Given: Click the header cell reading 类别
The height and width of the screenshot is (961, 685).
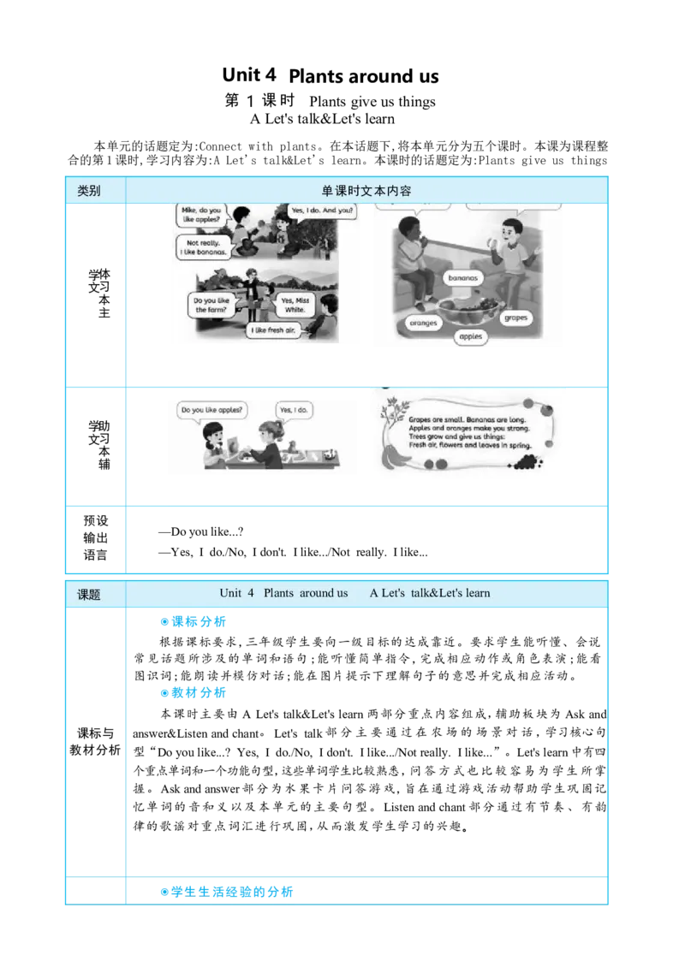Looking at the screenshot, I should pyautogui.click(x=89, y=191).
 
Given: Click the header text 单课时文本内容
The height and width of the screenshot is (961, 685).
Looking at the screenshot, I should pyautogui.click(x=366, y=191).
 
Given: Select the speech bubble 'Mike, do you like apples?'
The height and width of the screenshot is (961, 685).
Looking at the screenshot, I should pyautogui.click(x=203, y=215).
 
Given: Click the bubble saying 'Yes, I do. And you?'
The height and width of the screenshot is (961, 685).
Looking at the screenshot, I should pyautogui.click(x=319, y=211).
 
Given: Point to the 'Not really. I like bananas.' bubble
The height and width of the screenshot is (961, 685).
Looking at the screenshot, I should pyautogui.click(x=201, y=247).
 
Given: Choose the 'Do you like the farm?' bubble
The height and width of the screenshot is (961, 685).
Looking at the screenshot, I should pyautogui.click(x=211, y=306).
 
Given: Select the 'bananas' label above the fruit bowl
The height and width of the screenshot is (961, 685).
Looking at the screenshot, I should pyautogui.click(x=464, y=278).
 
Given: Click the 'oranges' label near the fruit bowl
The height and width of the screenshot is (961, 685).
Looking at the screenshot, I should pyautogui.click(x=423, y=323).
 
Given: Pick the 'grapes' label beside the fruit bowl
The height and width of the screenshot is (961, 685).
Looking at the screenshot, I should pyautogui.click(x=515, y=317).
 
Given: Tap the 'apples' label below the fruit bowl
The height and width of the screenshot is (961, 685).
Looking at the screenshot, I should pyautogui.click(x=470, y=337).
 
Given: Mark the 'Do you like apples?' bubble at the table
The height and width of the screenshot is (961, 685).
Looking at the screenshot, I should pyautogui.click(x=211, y=410).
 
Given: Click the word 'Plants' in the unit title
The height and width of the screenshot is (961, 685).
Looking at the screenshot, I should pyautogui.click(x=280, y=593).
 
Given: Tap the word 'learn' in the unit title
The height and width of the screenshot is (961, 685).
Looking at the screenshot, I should pyautogui.click(x=474, y=593).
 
